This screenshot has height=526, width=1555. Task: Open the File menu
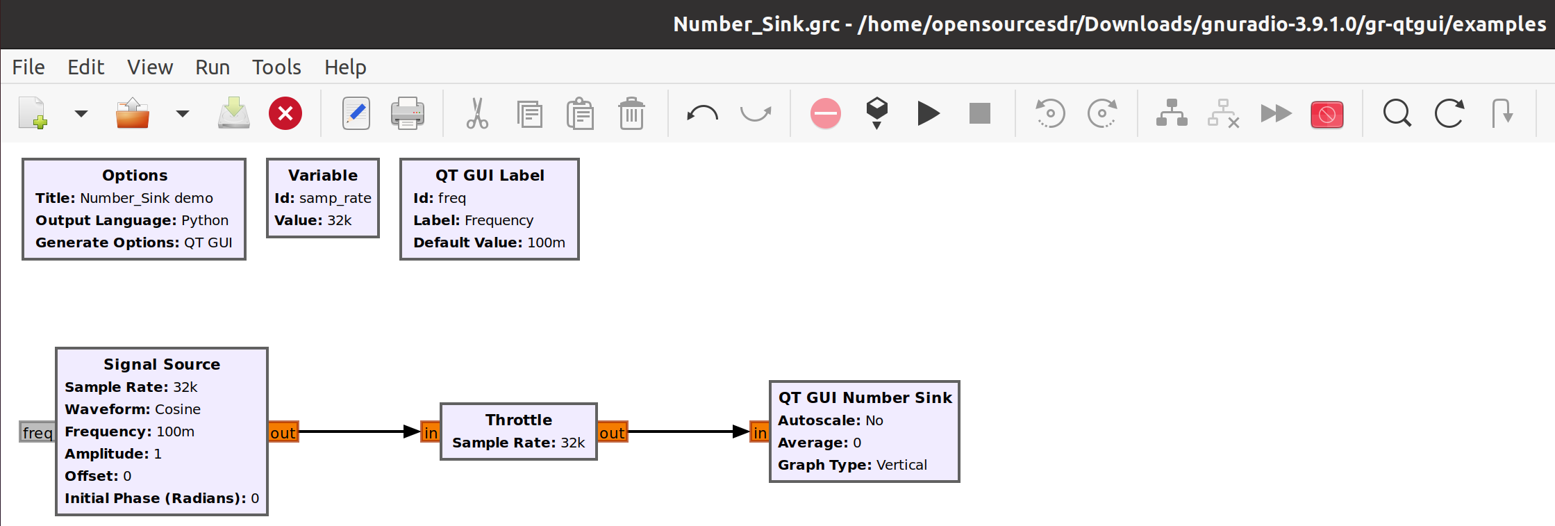tap(28, 67)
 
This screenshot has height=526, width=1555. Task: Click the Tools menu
tap(276, 67)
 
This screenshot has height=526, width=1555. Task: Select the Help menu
tap(345, 67)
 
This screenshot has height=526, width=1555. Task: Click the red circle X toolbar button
tap(285, 113)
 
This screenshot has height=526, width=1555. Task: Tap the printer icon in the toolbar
tap(408, 113)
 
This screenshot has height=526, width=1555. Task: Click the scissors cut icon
tap(477, 113)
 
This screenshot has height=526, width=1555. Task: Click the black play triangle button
tap(928, 113)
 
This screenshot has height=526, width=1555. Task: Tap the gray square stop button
tap(979, 113)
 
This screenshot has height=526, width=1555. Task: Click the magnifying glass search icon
tap(1397, 113)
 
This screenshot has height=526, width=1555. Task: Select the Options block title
tap(135, 175)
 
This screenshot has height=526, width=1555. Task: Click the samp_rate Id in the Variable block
tap(335, 198)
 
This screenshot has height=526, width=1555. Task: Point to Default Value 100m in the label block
tap(489, 243)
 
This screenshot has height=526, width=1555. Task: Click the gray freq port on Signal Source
tap(38, 432)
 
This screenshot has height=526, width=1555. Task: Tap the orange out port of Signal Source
tap(283, 432)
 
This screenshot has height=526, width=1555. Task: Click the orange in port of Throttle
tap(431, 432)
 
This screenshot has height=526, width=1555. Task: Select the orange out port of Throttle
tap(612, 432)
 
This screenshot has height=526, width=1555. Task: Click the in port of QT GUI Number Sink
tap(760, 432)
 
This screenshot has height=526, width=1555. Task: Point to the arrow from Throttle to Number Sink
tap(688, 432)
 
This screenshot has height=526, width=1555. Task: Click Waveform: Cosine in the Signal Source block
tap(133, 409)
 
